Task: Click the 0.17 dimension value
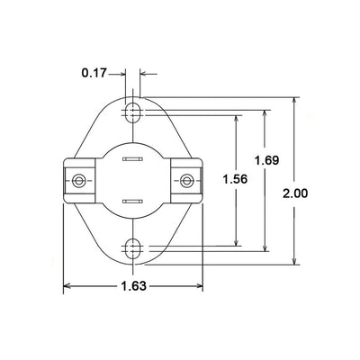tap(94, 73)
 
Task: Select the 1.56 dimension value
tap(235, 179)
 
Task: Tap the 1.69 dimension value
tap(266, 160)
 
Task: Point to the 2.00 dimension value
tap(295, 193)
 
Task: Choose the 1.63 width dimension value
tap(134, 286)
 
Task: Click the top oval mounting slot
tap(132, 113)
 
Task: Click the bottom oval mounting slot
tap(132, 248)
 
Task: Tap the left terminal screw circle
tap(79, 181)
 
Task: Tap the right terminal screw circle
tap(186, 181)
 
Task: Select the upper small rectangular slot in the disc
tap(132, 159)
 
